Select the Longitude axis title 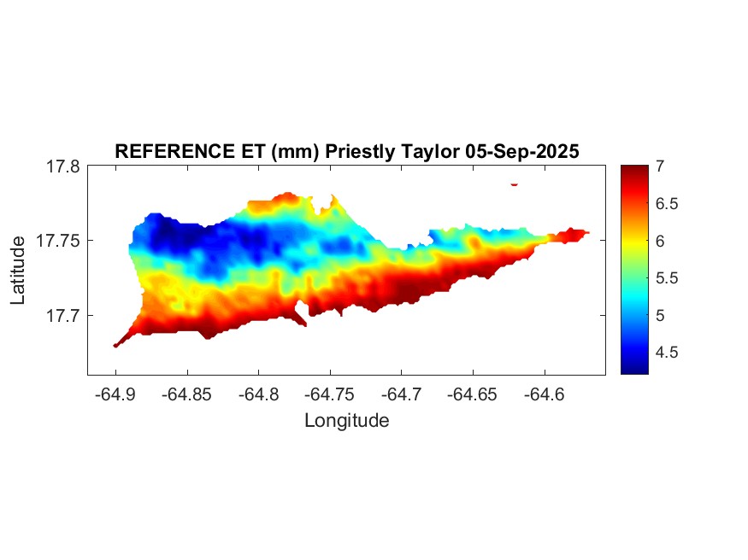click(346, 420)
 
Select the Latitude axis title click(18, 271)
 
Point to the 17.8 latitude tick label click(62, 166)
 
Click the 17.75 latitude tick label click(58, 241)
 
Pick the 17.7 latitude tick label click(62, 315)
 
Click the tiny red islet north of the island click(515, 184)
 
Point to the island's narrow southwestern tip click(117, 344)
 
